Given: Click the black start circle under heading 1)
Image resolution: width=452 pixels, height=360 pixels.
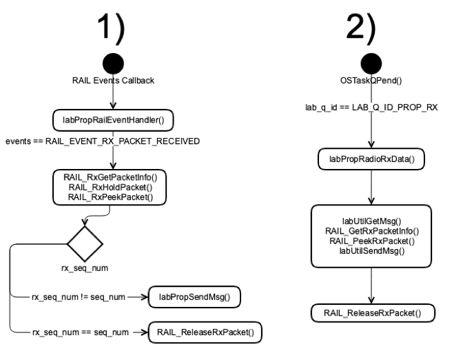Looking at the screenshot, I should point(112,66).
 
